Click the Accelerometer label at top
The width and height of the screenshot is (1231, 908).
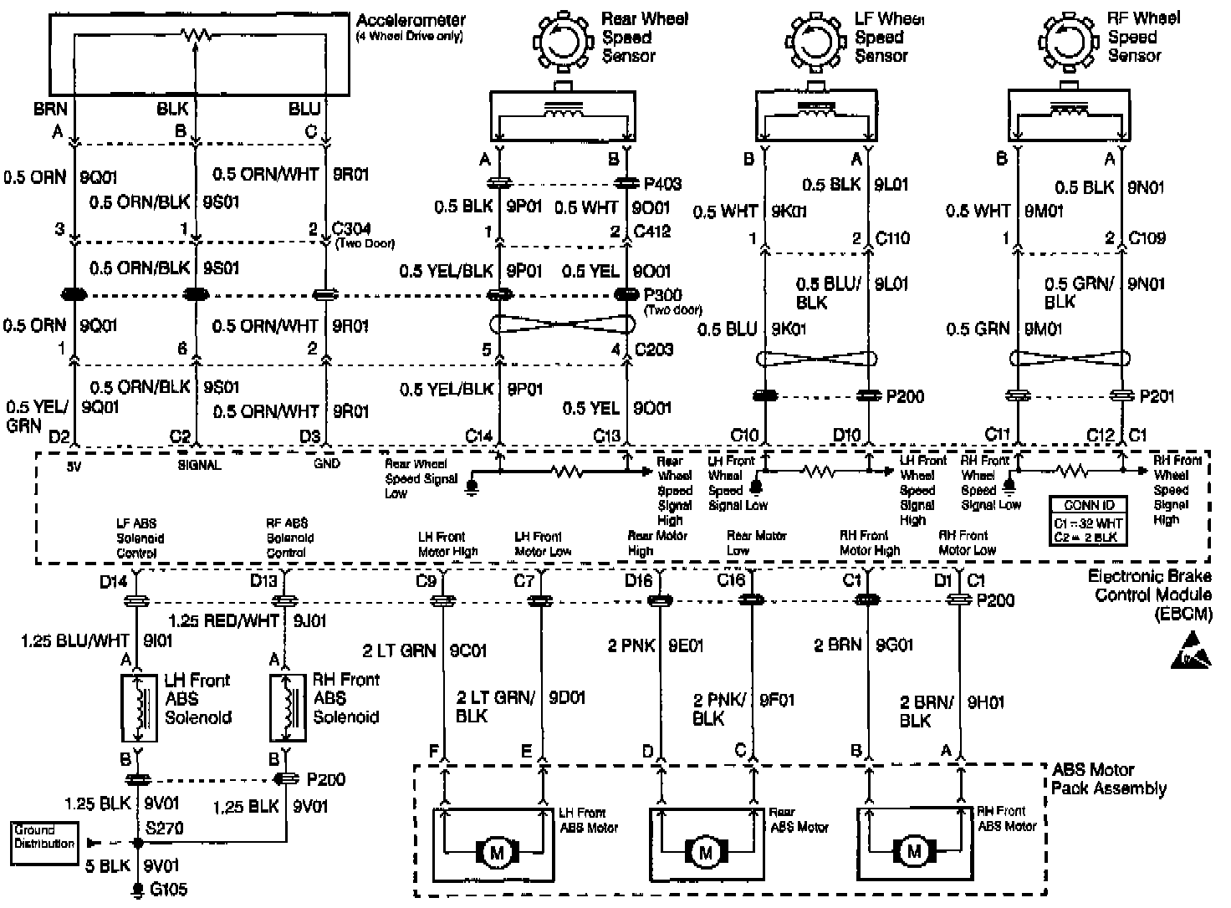(x=411, y=20)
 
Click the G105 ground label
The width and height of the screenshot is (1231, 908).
(x=166, y=890)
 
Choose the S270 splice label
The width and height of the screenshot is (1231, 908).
(x=166, y=828)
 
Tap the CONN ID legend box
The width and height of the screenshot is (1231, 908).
(x=1088, y=521)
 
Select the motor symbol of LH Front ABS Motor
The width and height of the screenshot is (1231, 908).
(x=498, y=853)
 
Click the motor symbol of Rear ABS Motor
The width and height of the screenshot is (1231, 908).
(x=705, y=853)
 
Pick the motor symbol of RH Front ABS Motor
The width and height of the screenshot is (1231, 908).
(x=913, y=853)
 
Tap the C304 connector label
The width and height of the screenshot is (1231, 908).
(x=352, y=229)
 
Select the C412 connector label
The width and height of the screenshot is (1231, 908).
(x=652, y=232)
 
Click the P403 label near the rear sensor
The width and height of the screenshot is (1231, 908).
(x=662, y=184)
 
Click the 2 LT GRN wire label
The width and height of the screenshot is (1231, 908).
(x=400, y=650)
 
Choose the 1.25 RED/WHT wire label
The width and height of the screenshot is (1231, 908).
(x=223, y=621)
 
